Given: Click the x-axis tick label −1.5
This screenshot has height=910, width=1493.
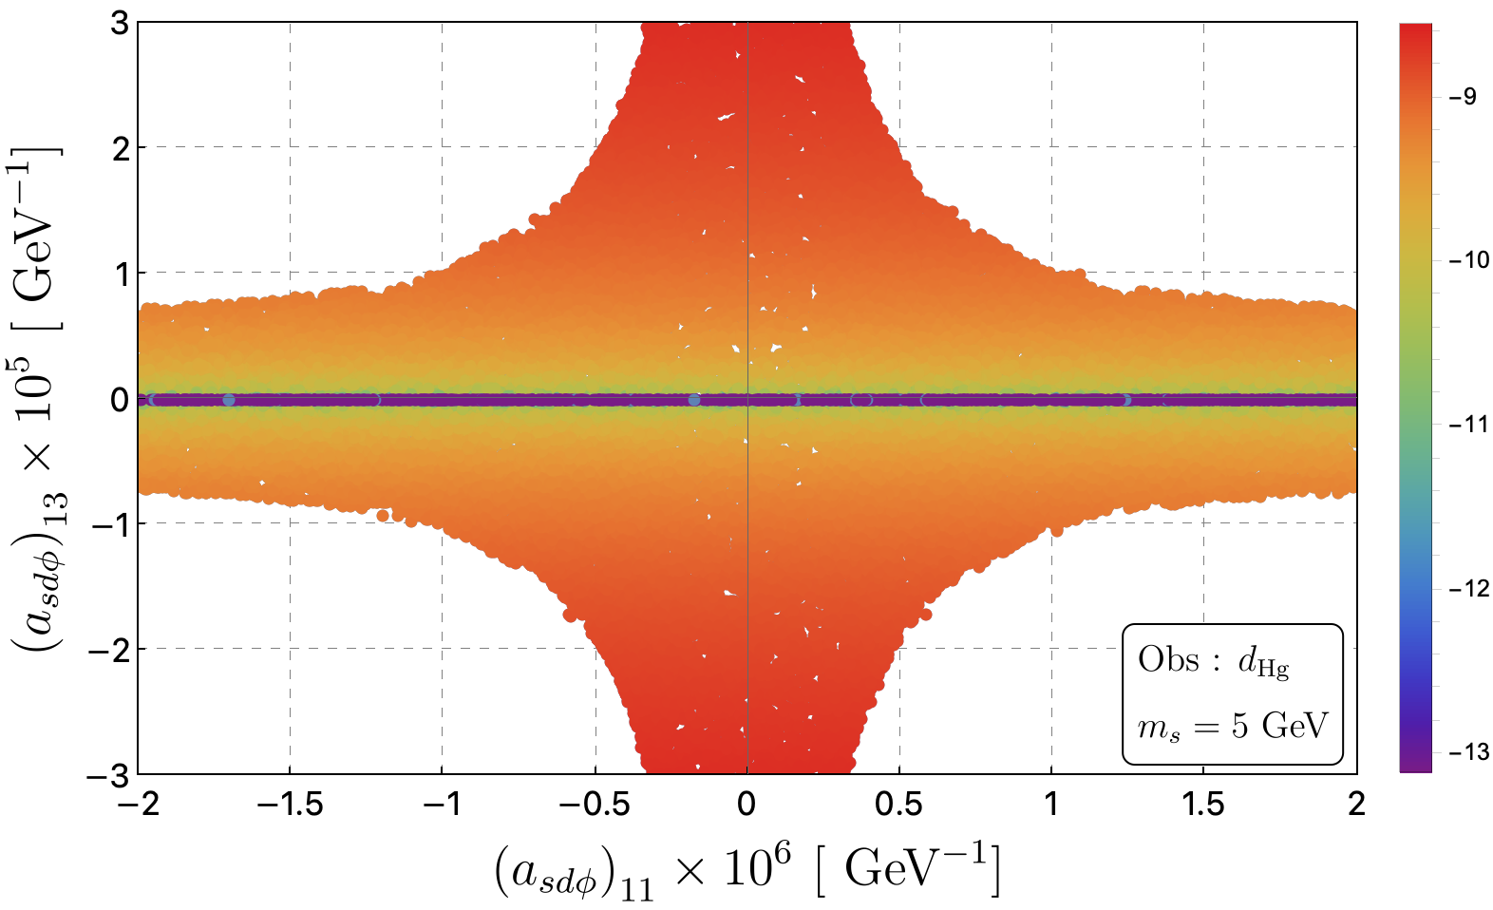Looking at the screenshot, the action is click(290, 805).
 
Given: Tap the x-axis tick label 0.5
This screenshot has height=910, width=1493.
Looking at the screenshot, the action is click(899, 805).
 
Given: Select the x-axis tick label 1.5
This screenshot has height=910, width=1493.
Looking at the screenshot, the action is click(1203, 805).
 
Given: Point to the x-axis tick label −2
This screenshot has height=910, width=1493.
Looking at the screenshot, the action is click(139, 805).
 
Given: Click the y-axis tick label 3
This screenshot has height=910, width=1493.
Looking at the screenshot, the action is click(120, 24).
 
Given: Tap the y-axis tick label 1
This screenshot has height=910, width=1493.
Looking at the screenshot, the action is click(122, 274).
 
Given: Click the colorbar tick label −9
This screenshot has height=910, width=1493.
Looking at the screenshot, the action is click(1464, 97).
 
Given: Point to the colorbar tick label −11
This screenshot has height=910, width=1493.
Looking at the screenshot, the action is click(1468, 424).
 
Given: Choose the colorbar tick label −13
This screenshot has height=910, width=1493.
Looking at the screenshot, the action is click(1469, 752).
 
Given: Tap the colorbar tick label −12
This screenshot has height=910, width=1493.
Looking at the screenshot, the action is click(1469, 588).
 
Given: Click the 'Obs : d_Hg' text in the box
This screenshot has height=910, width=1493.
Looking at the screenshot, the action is click(1213, 661).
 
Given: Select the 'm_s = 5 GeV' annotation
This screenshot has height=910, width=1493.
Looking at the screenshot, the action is click(1233, 726).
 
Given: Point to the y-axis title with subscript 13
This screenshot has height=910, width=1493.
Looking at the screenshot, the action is click(39, 399).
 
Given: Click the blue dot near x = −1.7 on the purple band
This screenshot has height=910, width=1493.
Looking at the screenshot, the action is click(229, 400).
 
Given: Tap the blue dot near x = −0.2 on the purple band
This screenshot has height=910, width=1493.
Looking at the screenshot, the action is click(694, 400).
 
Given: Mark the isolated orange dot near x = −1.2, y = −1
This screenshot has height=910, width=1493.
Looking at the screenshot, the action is click(383, 516).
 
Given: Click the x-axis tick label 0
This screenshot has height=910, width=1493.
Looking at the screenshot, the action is click(747, 805).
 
